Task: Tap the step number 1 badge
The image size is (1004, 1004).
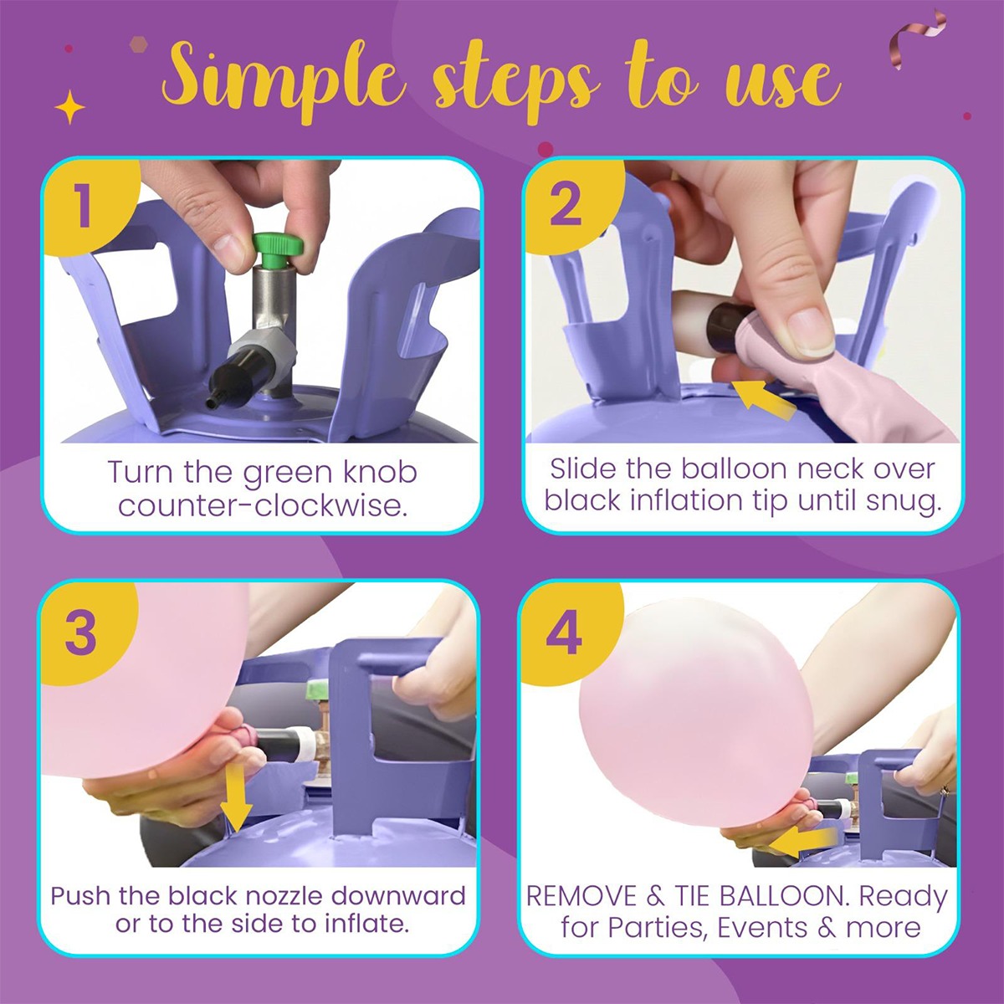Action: (89, 207)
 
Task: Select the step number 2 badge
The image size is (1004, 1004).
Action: (571, 207)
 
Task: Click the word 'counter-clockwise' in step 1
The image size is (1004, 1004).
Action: (263, 505)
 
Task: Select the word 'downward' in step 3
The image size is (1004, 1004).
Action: (398, 895)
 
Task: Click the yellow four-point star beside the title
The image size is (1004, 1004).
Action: (69, 107)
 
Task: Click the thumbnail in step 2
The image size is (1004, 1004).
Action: (810, 330)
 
